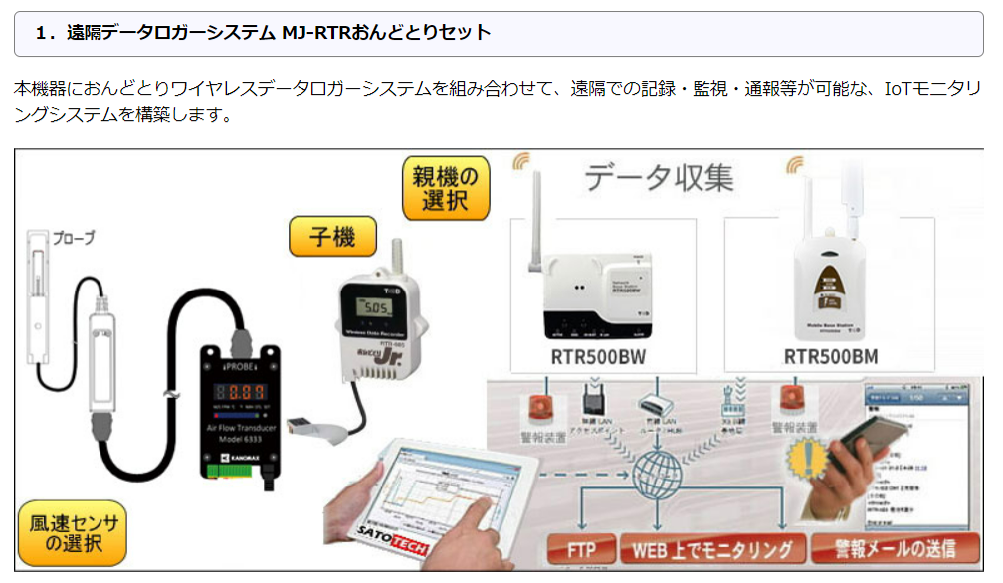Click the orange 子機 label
tap(332, 238)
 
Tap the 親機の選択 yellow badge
tap(447, 188)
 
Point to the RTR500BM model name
tap(830, 356)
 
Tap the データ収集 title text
tap(659, 177)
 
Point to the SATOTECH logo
tap(382, 538)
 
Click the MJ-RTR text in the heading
tap(316, 33)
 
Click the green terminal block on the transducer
tap(232, 464)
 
